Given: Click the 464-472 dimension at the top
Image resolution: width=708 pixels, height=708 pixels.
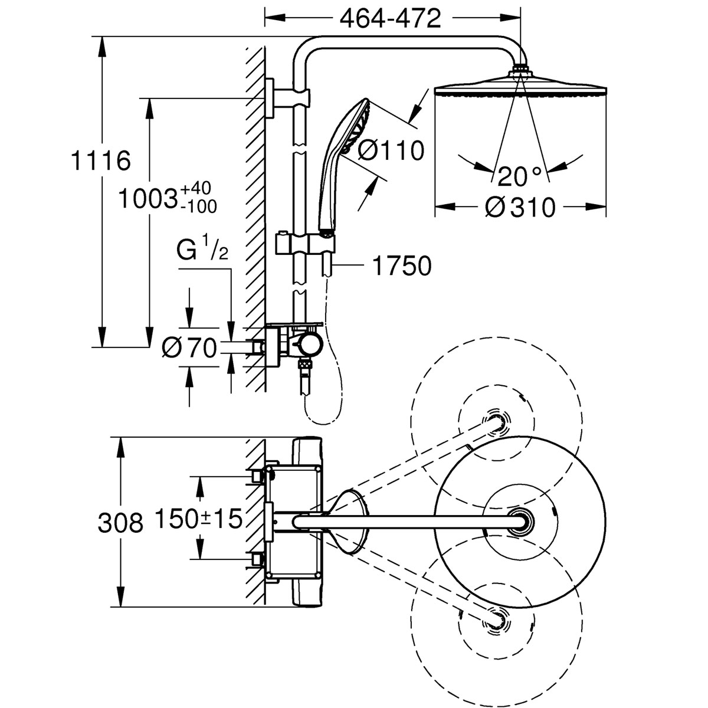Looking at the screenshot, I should click(391, 19).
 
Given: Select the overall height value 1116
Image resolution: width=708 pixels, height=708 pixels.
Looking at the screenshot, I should click(100, 160).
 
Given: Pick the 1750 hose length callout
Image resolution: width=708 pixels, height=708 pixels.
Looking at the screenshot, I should click(401, 266).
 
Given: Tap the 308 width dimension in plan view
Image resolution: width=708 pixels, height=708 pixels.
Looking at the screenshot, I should click(120, 522).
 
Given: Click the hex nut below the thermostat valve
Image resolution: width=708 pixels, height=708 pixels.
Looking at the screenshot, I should click(304, 365).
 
